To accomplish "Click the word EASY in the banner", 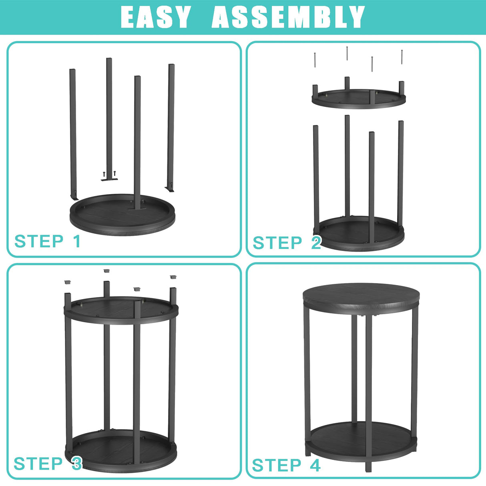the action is (x=155, y=17).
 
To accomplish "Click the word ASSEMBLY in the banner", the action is (x=288, y=17).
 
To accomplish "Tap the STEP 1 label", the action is (x=48, y=241).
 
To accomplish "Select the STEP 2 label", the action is (x=287, y=243).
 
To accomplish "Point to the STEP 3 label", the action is (x=48, y=463).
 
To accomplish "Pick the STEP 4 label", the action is (x=286, y=465).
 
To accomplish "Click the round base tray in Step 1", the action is (x=123, y=215).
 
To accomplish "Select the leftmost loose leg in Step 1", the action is (x=73, y=134).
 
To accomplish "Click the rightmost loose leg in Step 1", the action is (x=171, y=128).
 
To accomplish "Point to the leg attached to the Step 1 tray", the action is (x=137, y=143).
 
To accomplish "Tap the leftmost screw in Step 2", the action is (x=315, y=60).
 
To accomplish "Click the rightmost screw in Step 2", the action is (x=402, y=57).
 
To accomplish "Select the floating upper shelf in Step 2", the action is (x=359, y=98).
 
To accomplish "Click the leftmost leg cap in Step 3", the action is (x=68, y=282).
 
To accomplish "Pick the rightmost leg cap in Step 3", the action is (x=173, y=277).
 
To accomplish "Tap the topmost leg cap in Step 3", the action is (x=106, y=271).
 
